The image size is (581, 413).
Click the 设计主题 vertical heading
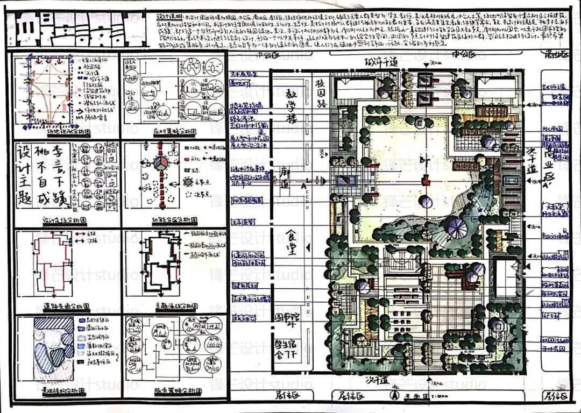click(x=24, y=172)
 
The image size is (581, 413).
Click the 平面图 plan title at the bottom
click(x=414, y=396)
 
